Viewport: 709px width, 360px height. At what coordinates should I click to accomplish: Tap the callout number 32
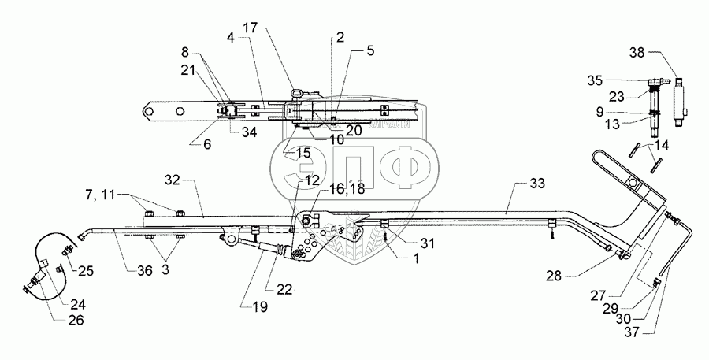pos(173,180)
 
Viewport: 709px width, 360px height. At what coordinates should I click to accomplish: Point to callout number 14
pos(663,146)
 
